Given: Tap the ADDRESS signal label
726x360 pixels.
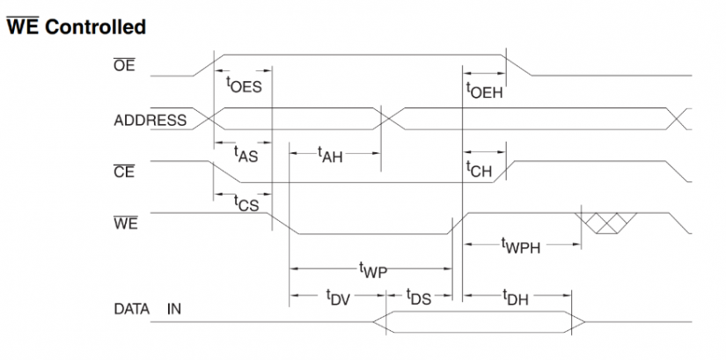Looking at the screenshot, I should [150, 121].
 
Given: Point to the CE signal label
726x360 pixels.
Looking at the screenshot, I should [124, 172].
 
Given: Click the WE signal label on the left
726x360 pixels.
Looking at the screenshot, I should [125, 223].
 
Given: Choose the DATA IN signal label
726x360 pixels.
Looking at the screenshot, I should [147, 309].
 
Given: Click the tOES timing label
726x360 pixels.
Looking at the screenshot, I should [244, 86].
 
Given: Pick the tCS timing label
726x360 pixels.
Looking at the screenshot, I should [246, 203].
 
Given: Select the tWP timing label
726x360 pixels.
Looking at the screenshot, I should [373, 268].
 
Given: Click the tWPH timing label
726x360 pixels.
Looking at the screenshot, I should [520, 246].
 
